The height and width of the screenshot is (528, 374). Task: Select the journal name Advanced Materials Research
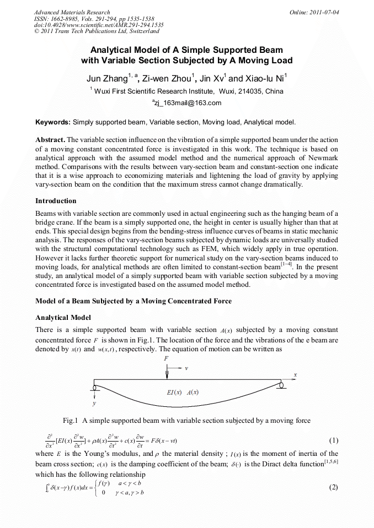72,12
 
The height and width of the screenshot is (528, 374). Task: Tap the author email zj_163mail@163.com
186,103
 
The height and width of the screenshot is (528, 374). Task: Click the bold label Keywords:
53,122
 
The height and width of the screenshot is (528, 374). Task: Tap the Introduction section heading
56,200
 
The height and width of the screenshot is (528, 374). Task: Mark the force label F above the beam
167,358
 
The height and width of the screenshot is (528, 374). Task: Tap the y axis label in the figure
94,404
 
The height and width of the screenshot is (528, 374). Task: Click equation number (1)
333,441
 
